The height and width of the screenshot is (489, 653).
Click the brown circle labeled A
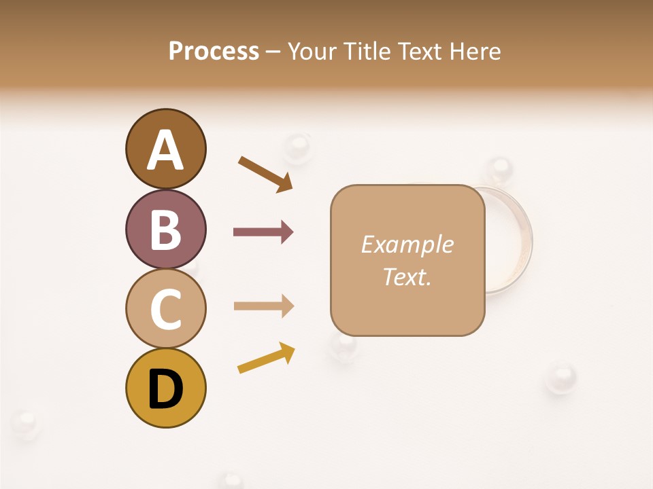[x=165, y=149]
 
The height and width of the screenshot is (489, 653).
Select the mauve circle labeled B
[x=165, y=229]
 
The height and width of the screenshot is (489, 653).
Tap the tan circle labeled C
[x=165, y=308]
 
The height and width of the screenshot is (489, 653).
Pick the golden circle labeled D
[x=165, y=388]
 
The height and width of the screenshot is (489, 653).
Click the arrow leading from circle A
[x=266, y=175]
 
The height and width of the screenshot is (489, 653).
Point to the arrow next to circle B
[x=263, y=232]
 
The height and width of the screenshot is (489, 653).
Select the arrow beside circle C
[x=263, y=306]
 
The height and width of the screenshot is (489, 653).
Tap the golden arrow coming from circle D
[x=266, y=358]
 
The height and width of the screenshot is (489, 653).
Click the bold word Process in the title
[x=214, y=51]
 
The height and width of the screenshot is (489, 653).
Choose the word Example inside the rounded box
[x=407, y=244]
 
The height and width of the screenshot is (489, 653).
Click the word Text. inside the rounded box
[x=407, y=276]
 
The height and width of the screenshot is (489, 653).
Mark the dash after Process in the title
[x=273, y=52]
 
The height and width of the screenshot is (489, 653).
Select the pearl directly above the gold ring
[x=500, y=168]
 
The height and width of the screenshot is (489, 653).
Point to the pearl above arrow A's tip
[x=297, y=145]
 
